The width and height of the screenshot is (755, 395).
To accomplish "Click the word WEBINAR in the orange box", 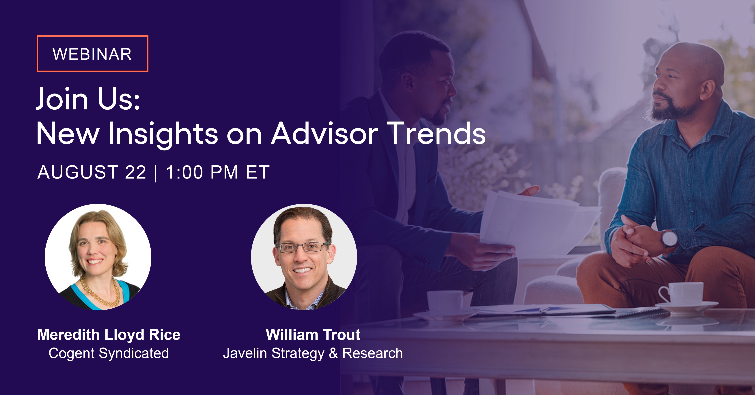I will (x=92, y=54).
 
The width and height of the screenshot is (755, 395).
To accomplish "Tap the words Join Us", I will (x=88, y=99).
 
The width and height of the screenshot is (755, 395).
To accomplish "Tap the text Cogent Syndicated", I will (x=109, y=353).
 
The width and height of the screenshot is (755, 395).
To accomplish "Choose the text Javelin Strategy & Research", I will (x=313, y=353).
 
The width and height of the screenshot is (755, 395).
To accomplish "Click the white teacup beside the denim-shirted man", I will (x=683, y=293).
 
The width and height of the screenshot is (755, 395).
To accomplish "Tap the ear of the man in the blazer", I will (x=407, y=81).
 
